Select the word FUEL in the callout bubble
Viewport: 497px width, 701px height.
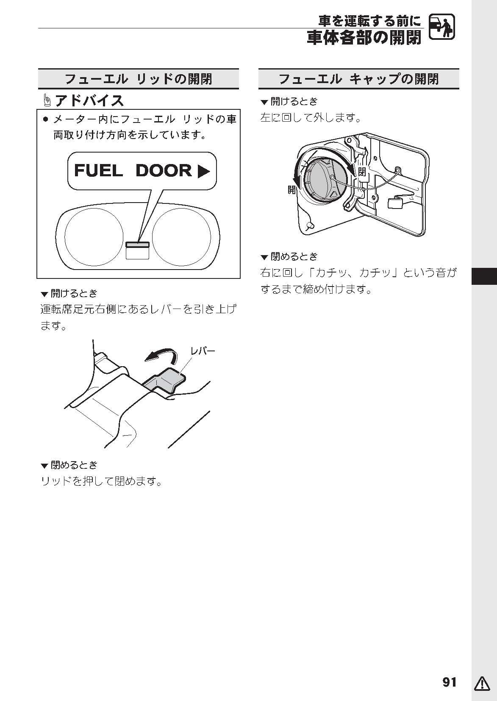tap(98, 170)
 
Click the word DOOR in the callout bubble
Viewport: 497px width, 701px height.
tap(164, 170)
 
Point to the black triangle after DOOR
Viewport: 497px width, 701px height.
tap(204, 171)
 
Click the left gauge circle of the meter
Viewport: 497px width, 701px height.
tap(94, 237)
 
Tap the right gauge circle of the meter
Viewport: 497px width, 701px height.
tap(181, 237)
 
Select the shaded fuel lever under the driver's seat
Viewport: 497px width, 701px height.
tap(164, 380)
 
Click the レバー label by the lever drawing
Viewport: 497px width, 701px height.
tap(203, 351)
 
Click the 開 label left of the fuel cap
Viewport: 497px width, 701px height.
tap(292, 189)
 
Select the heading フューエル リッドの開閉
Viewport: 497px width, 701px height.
tap(138, 79)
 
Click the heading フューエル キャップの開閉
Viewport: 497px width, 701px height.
tap(359, 79)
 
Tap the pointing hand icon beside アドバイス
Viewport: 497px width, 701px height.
tap(47, 101)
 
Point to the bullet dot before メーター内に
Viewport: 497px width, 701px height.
tap(46, 120)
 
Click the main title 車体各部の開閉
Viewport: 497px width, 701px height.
tap(364, 38)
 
